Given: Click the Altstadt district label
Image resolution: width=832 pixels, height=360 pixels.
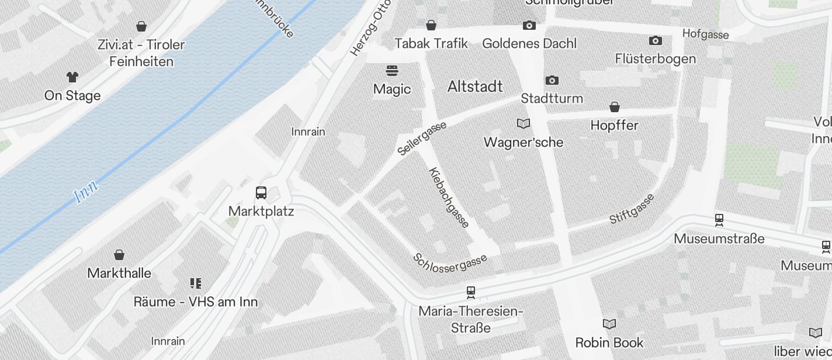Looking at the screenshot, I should (475, 86).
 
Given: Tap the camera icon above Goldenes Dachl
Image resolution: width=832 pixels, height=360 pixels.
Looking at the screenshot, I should (529, 25).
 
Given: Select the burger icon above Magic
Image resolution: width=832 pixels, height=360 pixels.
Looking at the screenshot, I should (392, 71).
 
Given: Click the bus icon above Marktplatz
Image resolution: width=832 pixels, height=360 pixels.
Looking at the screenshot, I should (261, 193).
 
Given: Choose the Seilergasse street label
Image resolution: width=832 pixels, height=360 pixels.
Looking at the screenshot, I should (422, 139).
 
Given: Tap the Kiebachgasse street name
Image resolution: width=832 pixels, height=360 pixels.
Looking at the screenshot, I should (449, 198).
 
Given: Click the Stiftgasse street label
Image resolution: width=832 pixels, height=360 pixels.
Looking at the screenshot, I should (632, 209).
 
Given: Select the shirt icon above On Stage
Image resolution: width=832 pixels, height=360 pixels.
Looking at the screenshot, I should (72, 77).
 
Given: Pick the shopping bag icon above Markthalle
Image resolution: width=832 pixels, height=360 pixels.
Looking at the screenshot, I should (119, 255).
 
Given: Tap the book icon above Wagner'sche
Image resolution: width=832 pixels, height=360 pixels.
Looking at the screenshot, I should (524, 124).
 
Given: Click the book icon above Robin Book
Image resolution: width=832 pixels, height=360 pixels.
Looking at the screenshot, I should (609, 324).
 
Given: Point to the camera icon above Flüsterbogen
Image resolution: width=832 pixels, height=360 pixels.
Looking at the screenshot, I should (656, 40).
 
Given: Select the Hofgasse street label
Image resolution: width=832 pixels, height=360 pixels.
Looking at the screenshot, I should (705, 34).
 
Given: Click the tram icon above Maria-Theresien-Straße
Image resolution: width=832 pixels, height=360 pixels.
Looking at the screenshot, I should (471, 292).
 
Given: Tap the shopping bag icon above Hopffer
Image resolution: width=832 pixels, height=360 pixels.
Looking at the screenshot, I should (615, 107).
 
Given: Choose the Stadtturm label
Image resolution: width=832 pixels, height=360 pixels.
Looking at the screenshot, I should (552, 98).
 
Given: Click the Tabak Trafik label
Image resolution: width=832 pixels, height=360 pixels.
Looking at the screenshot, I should (431, 43).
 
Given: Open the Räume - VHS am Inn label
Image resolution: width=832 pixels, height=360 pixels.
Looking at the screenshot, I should (195, 302).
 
